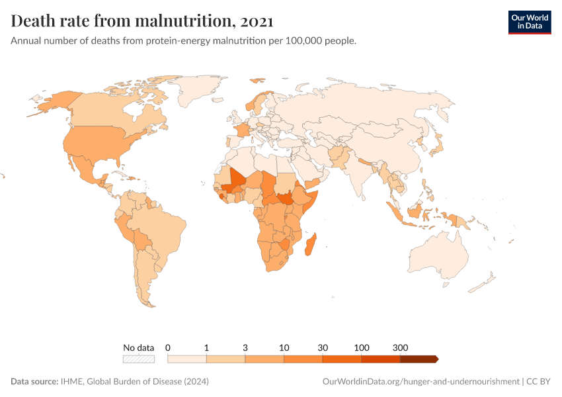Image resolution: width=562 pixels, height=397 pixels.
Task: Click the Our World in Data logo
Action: [x=529, y=21]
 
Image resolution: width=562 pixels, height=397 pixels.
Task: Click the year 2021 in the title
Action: [x=257, y=22]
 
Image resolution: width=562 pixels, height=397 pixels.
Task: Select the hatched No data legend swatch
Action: [x=138, y=359]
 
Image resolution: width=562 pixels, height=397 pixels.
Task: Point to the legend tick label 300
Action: [x=400, y=347]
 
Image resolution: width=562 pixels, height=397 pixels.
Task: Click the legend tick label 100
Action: [x=361, y=347]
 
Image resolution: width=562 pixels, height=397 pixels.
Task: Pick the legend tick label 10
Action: [x=284, y=347]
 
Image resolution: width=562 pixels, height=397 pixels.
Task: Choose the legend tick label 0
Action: [x=168, y=347]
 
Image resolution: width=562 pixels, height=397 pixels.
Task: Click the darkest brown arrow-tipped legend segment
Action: [x=419, y=359]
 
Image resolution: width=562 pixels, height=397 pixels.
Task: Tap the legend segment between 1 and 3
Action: [x=225, y=359]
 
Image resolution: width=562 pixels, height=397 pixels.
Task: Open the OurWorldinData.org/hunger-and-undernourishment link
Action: [x=421, y=382]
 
